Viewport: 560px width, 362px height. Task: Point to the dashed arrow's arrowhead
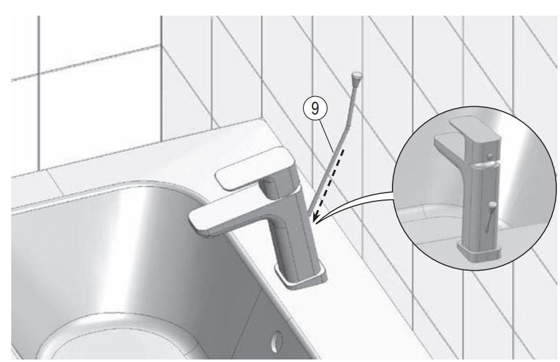click(317, 219)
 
